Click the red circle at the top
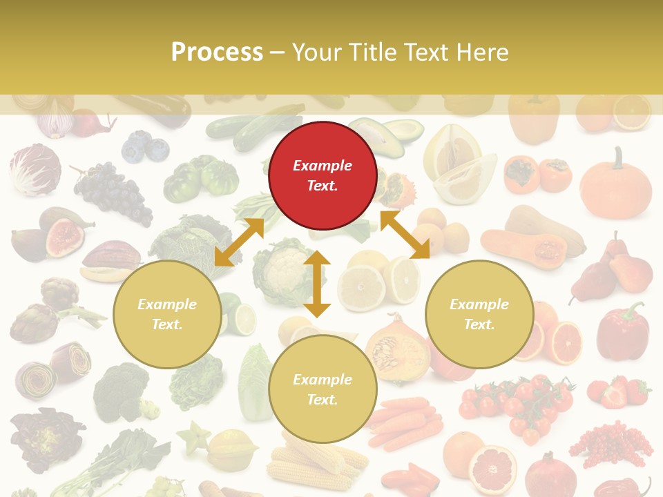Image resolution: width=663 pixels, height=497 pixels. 323,175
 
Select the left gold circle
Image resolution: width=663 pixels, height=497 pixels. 167,314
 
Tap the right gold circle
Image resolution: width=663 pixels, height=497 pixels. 479,314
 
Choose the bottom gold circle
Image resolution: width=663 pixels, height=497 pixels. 323,389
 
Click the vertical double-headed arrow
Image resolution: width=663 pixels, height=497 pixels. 317,284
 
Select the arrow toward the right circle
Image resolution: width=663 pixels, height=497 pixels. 405,235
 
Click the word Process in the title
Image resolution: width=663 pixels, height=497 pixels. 217,52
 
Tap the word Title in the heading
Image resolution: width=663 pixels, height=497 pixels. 372,52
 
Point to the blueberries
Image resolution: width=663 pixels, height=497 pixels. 145,147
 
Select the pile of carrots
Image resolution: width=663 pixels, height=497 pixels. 404,421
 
